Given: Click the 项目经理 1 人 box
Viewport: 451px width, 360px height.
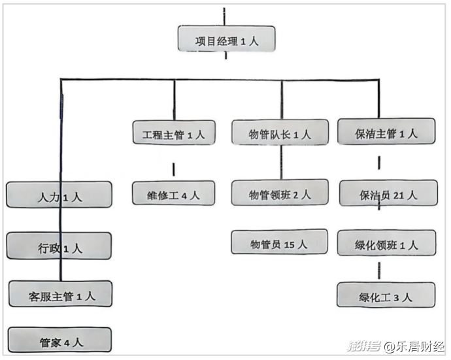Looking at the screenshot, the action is (226, 39).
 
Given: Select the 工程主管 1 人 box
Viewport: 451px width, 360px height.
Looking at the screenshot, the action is (174, 133).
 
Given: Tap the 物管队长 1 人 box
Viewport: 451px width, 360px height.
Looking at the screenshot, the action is (280, 132).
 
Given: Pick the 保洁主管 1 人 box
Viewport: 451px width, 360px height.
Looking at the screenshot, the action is (386, 131).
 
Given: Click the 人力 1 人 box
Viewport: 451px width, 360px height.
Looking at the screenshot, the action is (59, 195).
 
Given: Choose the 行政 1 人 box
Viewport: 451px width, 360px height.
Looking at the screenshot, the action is (59, 246).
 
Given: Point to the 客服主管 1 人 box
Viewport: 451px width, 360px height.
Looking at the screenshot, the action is (60, 294).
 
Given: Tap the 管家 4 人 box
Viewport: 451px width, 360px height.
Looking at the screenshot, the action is (59, 340).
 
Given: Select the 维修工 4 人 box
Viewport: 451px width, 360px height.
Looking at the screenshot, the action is (173, 193).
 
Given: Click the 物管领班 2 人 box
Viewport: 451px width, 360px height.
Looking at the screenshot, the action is (280, 192).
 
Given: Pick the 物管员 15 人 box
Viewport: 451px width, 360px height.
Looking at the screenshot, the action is (279, 242).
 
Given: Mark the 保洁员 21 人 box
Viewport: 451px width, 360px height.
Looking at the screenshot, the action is (388, 193).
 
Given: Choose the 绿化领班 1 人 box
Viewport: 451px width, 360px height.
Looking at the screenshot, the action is (386, 243).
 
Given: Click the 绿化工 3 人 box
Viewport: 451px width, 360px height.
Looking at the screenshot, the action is (386, 295).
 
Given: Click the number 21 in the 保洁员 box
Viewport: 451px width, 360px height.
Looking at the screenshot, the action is (399, 195).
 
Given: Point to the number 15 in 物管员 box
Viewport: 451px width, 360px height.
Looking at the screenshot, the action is (290, 245).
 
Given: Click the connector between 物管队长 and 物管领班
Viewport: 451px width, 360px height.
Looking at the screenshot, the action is (281, 162).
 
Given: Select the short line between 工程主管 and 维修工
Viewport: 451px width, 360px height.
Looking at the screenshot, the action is (173, 169).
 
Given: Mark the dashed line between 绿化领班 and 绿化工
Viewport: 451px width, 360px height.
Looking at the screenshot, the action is (379, 270).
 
